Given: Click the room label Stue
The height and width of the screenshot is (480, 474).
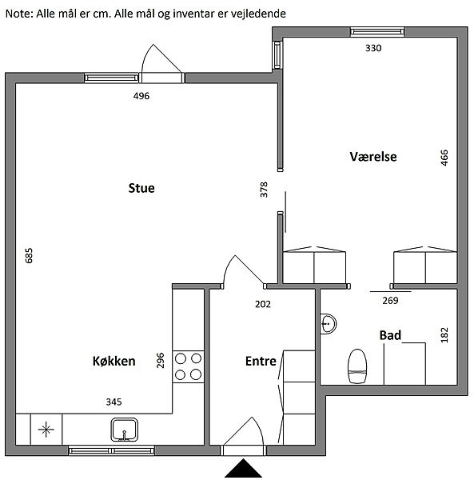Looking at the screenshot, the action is (141, 188).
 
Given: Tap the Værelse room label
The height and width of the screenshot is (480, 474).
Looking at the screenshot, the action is (373, 157).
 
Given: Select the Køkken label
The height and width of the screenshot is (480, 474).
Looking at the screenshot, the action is (114, 361).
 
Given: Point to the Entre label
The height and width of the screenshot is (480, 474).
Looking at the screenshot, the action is (261, 361).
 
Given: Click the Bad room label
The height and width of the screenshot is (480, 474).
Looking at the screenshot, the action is (390, 335).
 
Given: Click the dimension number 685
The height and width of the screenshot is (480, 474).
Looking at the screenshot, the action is (29, 255).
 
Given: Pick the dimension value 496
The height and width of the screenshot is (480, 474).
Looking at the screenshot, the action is (141, 96).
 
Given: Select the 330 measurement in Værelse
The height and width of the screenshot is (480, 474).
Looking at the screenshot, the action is (373, 48).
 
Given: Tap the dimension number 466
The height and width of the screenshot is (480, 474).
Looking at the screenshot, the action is (444, 158).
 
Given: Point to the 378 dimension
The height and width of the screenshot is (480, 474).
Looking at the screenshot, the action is (264, 190).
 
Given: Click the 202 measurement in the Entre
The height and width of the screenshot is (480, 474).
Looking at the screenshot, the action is (263, 304).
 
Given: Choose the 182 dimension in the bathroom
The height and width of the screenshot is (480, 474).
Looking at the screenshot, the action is (444, 335).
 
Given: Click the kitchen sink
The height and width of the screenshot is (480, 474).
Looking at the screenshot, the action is (124, 430).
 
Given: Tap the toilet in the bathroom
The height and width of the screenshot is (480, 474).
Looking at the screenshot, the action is (357, 366).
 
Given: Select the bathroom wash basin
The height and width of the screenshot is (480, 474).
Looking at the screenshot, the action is (329, 323).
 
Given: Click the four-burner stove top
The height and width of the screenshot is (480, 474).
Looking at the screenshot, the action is (188, 366).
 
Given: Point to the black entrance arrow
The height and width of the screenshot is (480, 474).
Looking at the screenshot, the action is (244, 468).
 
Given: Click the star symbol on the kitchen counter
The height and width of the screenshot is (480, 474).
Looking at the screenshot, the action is (46, 429).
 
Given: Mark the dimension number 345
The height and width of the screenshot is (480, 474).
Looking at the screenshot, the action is (114, 402).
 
